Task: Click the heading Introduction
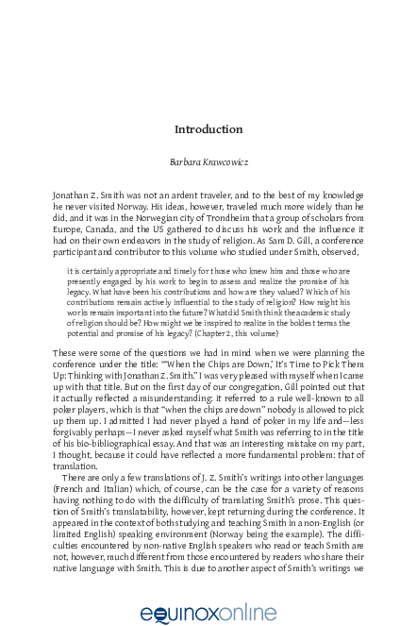(208, 128)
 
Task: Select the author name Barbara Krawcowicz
(208, 161)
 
